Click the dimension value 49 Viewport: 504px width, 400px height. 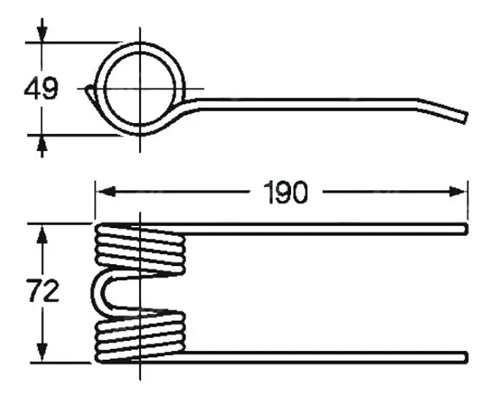tap(41, 88)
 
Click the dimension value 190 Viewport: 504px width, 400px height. tap(286, 192)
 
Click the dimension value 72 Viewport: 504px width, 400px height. tap(42, 291)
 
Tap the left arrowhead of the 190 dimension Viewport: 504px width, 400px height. tap(107, 192)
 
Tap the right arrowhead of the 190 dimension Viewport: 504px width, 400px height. tap(457, 192)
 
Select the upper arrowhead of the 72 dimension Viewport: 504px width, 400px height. tap(42, 234)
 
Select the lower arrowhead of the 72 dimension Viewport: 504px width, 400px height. tap(42, 352)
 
